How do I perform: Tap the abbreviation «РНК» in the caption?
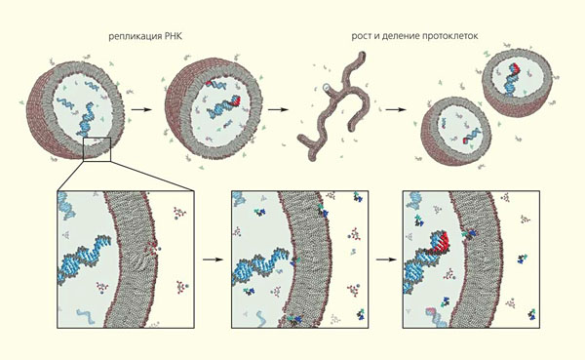(174, 37)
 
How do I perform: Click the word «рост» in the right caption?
(361, 37)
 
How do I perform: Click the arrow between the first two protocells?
(141, 110)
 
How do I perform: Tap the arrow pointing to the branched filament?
(278, 110)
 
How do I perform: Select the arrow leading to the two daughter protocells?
(396, 110)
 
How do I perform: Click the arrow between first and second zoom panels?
(213, 260)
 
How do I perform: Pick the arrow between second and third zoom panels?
(386, 260)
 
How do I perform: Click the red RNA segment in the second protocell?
(236, 100)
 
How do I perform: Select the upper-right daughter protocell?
(517, 82)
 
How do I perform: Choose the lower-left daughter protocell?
(455, 131)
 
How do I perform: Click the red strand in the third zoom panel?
(441, 243)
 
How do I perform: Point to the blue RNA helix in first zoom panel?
(84, 258)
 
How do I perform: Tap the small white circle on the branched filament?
(326, 88)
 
